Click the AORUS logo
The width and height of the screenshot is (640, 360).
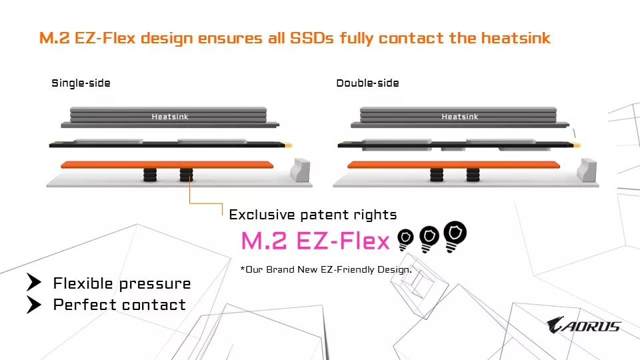pyautogui.click(x=583, y=326)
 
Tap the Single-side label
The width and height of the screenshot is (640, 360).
pyautogui.click(x=81, y=83)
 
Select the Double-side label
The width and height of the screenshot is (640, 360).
pyautogui.click(x=367, y=83)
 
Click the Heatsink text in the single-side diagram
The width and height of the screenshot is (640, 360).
pyautogui.click(x=170, y=117)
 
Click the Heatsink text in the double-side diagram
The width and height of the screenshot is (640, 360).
pyautogui.click(x=459, y=117)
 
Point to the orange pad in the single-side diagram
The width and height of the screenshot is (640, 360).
pyautogui.click(x=167, y=164)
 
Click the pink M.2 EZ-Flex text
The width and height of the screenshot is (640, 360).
pyautogui.click(x=315, y=241)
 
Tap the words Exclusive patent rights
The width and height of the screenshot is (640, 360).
pyautogui.click(x=313, y=215)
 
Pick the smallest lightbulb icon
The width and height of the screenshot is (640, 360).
pyautogui.click(x=405, y=240)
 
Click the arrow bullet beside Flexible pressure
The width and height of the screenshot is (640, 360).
pyautogui.click(x=34, y=283)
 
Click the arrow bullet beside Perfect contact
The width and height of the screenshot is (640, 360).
pyautogui.click(x=34, y=305)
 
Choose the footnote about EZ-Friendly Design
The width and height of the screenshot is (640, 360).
pyautogui.click(x=326, y=269)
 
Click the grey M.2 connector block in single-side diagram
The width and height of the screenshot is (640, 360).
pyautogui.click(x=301, y=169)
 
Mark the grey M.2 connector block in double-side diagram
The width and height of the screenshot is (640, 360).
pyautogui.click(x=587, y=169)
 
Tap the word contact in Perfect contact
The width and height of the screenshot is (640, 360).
pyautogui.click(x=158, y=305)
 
